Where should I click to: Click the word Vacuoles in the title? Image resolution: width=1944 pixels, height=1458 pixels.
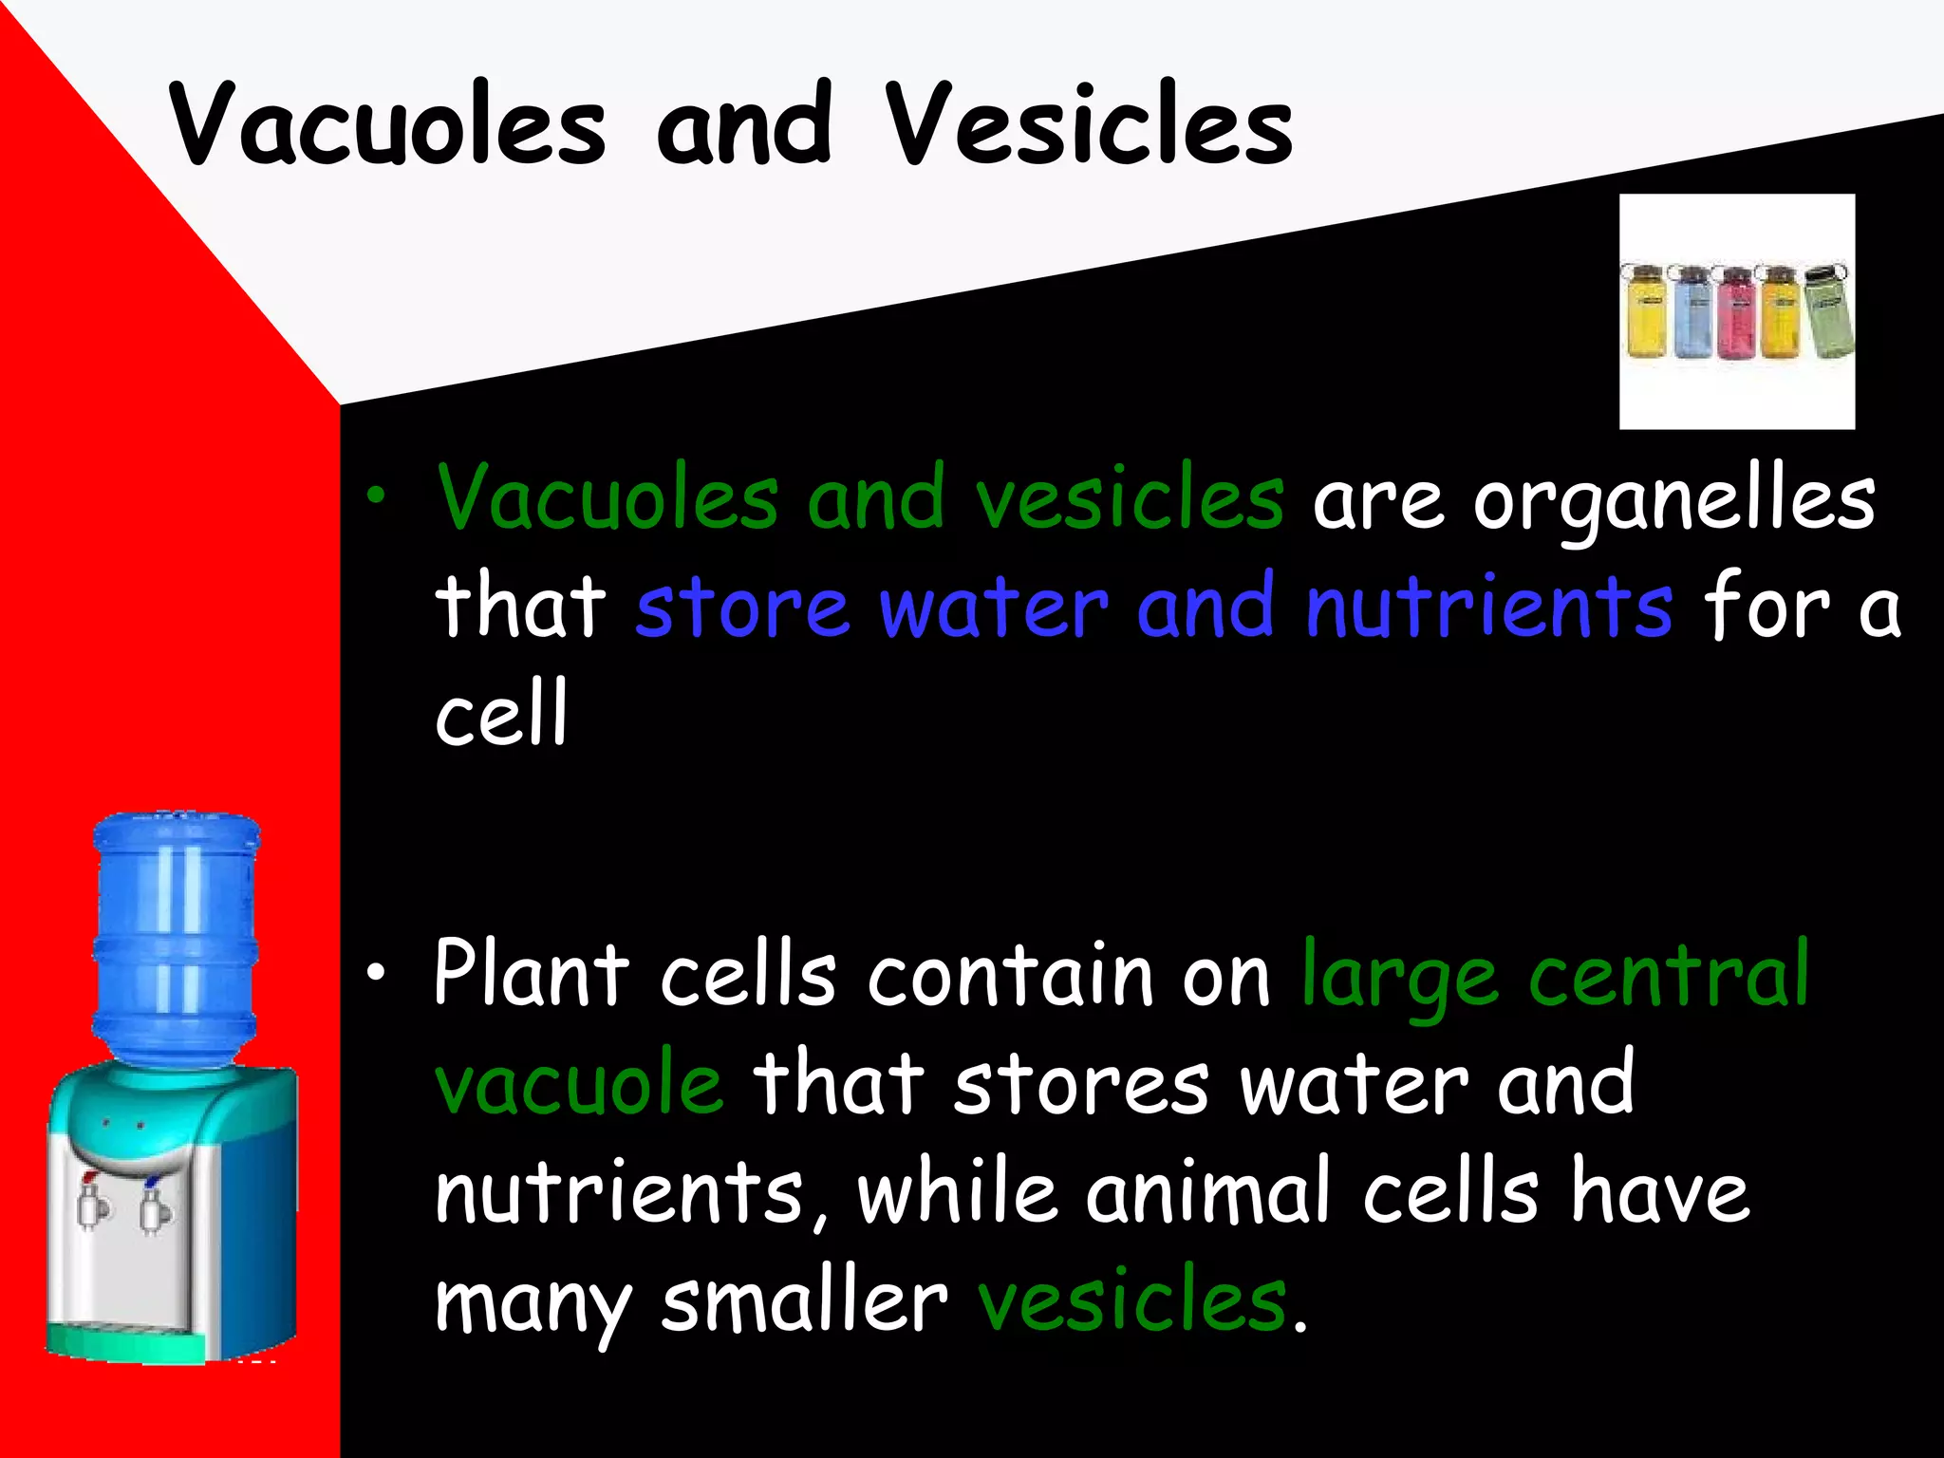coord(387,125)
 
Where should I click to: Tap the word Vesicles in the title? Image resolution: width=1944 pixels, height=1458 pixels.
coord(1089,125)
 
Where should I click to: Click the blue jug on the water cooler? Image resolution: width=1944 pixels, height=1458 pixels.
coord(176,935)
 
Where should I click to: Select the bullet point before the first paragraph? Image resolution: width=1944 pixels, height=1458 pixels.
coord(378,495)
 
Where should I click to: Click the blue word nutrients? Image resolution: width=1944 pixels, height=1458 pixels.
coord(1488,607)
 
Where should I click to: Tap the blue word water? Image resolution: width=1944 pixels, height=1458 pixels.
coord(993,607)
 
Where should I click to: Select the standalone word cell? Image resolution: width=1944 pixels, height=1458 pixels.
coord(501,713)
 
